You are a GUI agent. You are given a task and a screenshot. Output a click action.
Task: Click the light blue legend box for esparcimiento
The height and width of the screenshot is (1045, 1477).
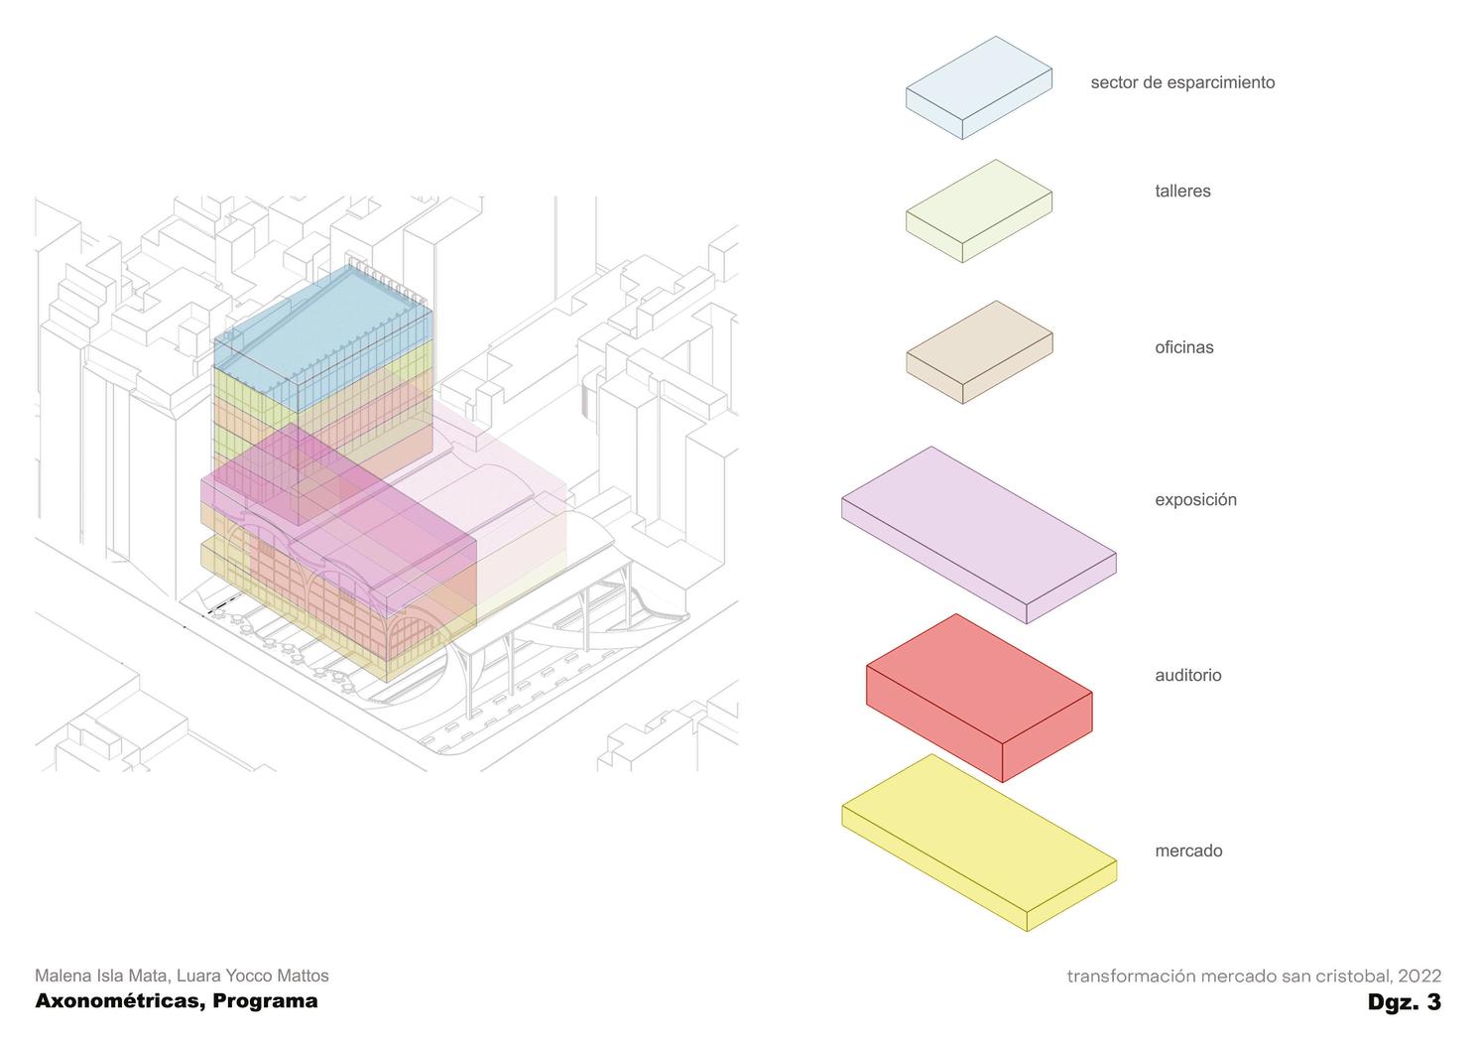pyautogui.click(x=978, y=87)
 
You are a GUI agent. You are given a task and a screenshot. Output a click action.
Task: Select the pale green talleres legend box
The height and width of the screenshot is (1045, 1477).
pyautogui.click(x=978, y=210)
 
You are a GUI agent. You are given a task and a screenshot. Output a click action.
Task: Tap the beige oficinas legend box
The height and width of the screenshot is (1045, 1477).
pyautogui.click(x=979, y=352)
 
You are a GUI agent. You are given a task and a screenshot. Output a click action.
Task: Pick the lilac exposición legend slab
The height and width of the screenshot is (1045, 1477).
pyautogui.click(x=978, y=533)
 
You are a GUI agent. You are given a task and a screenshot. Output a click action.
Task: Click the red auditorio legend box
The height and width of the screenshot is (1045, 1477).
pyautogui.click(x=979, y=696)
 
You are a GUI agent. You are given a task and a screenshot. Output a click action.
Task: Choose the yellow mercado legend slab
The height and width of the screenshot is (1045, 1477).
pyautogui.click(x=979, y=842)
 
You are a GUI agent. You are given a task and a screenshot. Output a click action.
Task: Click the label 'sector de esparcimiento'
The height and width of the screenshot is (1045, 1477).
pyautogui.click(x=1182, y=82)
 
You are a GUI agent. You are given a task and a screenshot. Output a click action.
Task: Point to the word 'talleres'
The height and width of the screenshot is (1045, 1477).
pyautogui.click(x=1182, y=191)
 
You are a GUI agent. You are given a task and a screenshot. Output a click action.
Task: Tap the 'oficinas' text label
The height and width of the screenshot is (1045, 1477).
pyautogui.click(x=1183, y=347)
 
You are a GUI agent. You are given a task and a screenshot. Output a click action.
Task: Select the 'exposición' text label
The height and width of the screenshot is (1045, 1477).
pyautogui.click(x=1195, y=499)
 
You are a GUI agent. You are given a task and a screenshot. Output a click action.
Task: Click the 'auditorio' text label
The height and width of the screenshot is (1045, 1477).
pyautogui.click(x=1187, y=675)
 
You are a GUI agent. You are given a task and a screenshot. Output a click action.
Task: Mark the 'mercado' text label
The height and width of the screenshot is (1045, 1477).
pyautogui.click(x=1188, y=850)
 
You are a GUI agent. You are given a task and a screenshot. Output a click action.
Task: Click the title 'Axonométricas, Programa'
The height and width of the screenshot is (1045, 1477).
pyautogui.click(x=177, y=1000)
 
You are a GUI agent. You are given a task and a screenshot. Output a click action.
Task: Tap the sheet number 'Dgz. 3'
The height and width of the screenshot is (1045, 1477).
pyautogui.click(x=1404, y=1001)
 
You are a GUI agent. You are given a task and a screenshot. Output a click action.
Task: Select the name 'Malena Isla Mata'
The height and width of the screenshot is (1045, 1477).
pyautogui.click(x=100, y=976)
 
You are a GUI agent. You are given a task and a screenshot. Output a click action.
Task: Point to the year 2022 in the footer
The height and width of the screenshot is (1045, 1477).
pyautogui.click(x=1419, y=976)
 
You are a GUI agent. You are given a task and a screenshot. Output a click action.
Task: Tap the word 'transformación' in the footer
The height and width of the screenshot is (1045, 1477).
pyautogui.click(x=1131, y=976)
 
